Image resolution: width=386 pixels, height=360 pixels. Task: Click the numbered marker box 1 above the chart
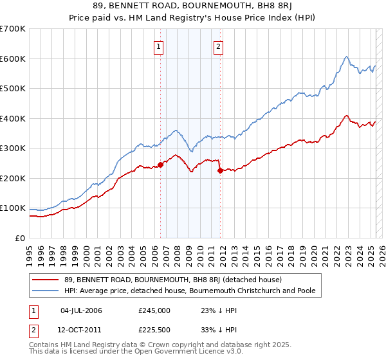[158, 46]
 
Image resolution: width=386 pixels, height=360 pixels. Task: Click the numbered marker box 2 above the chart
[219, 46]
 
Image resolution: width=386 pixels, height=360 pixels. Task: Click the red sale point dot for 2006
[161, 165]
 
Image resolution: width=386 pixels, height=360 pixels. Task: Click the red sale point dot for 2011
[220, 170]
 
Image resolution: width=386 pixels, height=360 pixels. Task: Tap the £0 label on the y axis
[20, 238]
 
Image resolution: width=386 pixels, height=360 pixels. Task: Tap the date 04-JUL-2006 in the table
[81, 311]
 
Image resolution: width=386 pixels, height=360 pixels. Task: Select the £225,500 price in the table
[154, 331]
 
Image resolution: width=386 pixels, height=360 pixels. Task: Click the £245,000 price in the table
[154, 311]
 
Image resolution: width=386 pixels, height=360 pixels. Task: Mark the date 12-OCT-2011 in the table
[82, 331]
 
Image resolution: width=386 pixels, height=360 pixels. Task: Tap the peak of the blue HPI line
[346, 57]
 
